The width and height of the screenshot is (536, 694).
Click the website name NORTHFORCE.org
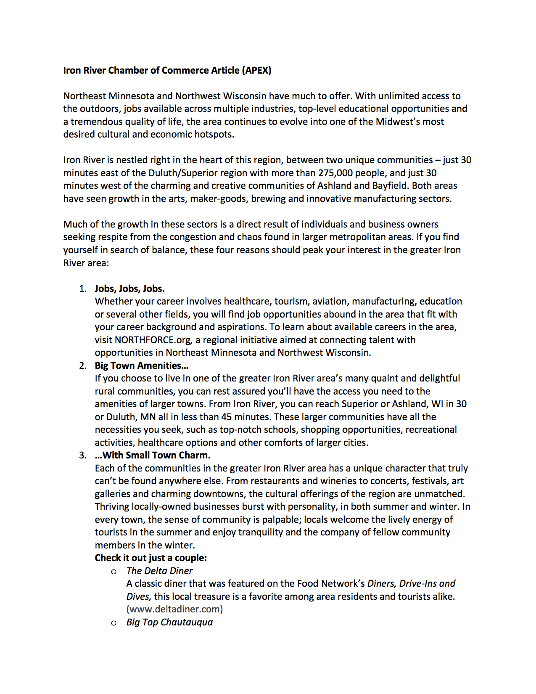pos(153,340)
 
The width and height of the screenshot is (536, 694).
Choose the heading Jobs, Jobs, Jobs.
pos(129,289)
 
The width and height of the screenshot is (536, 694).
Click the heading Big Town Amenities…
pos(141,366)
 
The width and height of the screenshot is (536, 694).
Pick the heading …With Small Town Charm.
pos(152,455)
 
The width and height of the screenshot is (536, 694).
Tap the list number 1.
pos(83,289)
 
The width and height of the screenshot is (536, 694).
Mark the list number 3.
pos(83,455)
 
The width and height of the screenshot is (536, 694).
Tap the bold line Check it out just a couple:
pos(151,558)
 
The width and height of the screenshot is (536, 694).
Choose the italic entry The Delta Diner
pos(159,571)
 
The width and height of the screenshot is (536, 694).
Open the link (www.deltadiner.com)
pos(174,609)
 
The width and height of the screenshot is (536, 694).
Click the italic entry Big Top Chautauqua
pos(169,622)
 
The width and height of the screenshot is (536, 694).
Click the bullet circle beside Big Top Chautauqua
pos(114,623)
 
